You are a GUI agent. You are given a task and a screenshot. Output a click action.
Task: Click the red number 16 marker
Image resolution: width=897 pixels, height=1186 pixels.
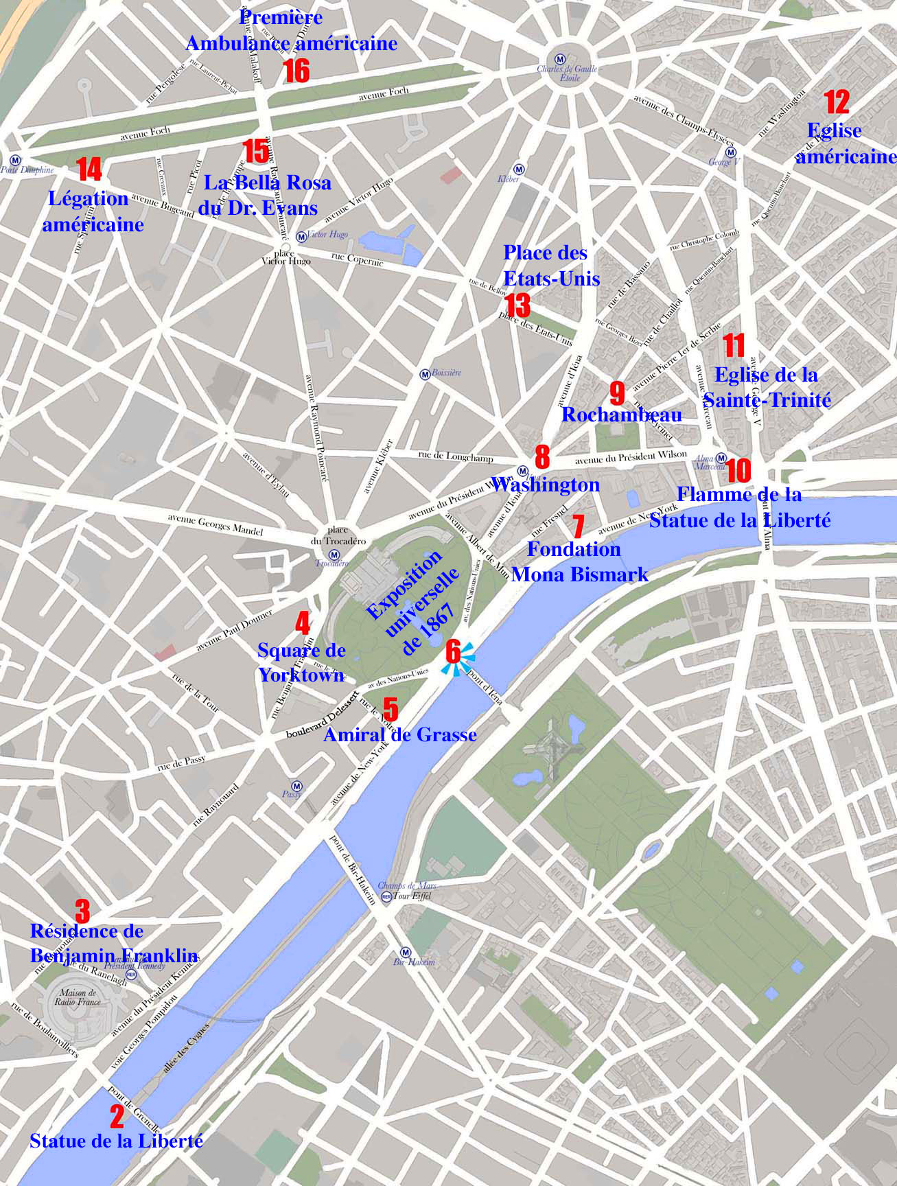pos(296,71)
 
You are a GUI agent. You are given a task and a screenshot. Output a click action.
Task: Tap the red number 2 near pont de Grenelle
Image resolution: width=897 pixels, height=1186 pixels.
pos(117,1117)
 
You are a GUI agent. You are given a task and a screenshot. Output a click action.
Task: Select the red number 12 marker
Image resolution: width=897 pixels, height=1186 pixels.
pos(837,102)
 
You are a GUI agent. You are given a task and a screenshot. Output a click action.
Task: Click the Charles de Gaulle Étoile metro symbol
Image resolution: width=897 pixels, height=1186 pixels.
pos(561,59)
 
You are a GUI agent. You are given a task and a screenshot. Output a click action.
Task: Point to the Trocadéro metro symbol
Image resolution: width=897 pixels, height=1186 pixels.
pos(334,555)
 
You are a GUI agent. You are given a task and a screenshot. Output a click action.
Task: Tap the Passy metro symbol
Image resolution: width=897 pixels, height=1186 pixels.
pos(296,786)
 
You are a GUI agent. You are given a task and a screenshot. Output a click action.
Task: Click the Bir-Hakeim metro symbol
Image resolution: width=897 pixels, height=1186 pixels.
pos(406,953)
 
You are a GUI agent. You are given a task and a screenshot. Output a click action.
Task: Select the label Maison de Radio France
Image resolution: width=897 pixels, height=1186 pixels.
pos(78,997)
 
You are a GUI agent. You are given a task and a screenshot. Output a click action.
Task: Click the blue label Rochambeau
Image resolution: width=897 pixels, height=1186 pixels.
pos(621,415)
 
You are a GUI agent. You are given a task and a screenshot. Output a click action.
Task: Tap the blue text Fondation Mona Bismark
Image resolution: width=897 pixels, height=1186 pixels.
pos(579,561)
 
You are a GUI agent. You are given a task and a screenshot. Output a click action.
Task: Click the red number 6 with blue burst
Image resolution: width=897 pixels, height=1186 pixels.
pos(453,652)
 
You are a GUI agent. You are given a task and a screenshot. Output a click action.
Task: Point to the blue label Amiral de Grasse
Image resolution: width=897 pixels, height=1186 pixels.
pos(399,735)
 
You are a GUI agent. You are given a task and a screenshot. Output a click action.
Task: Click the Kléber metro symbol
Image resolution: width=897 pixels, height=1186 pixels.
pos(520,169)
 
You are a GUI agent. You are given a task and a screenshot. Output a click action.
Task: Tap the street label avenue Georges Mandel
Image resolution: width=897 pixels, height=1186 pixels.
pos(215,524)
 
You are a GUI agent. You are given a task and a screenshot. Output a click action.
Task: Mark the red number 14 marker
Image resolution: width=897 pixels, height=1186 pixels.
pos(89,170)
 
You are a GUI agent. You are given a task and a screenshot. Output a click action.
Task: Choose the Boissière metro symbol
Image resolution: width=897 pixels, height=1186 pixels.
pos(425,374)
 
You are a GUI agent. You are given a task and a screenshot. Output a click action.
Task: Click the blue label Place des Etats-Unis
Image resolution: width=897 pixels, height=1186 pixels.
pos(551,265)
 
